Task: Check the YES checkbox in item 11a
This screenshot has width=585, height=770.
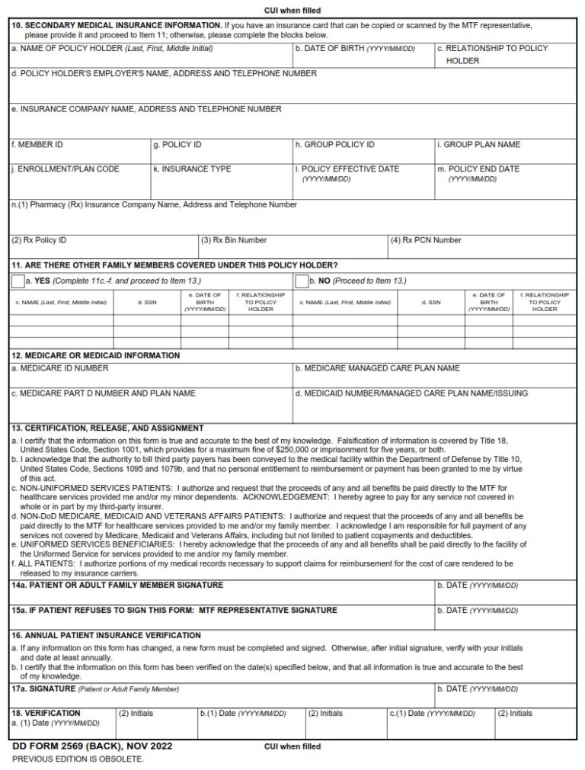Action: click(x=18, y=281)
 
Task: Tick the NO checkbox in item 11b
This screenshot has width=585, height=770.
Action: click(x=301, y=281)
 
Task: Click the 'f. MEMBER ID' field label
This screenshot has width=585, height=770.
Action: click(x=37, y=145)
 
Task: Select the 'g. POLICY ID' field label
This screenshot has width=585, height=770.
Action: click(x=177, y=145)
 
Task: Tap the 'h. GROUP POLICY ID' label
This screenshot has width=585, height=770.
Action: click(x=334, y=145)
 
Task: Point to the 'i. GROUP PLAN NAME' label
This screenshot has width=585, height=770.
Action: click(x=478, y=145)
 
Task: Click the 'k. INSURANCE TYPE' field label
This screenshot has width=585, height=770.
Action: click(x=192, y=169)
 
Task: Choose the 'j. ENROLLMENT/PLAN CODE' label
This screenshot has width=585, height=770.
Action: click(x=65, y=169)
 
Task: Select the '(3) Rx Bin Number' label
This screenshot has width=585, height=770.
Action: click(x=234, y=240)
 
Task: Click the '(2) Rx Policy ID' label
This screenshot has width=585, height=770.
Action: click(x=39, y=240)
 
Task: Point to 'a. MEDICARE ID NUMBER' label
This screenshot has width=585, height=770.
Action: click(x=59, y=368)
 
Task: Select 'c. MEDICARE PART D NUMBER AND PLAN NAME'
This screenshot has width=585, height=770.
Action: click(x=103, y=393)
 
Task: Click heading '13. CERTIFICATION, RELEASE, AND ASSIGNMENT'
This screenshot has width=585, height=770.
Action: click(x=107, y=428)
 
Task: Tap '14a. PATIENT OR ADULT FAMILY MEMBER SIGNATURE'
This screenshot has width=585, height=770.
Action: click(x=117, y=586)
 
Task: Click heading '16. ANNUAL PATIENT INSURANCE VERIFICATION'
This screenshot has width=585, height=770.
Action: click(x=106, y=635)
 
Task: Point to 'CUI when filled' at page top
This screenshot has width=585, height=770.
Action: click(x=292, y=11)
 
